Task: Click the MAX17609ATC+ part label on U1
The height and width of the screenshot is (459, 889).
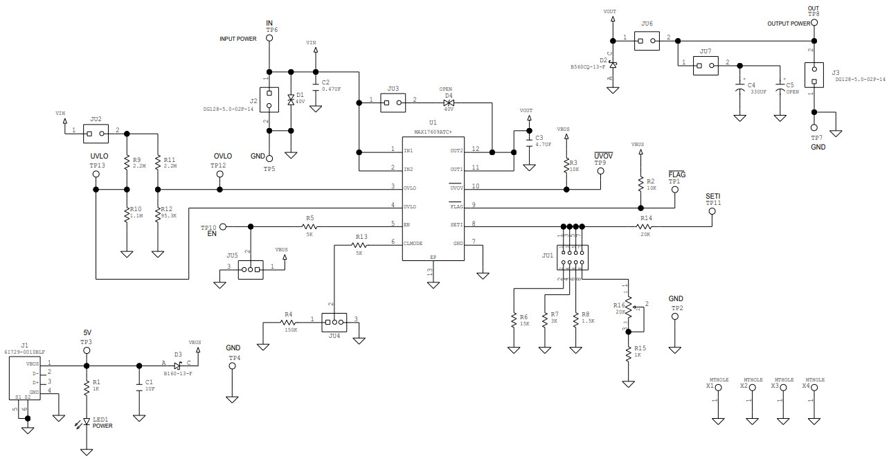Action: click(x=433, y=132)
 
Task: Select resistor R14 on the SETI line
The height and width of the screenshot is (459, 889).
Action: click(x=645, y=226)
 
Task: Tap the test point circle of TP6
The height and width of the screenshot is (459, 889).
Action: click(x=270, y=38)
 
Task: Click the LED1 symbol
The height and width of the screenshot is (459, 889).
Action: click(x=87, y=421)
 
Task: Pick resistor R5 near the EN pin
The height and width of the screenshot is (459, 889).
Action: click(x=310, y=226)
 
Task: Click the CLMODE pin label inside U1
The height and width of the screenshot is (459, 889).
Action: click(x=413, y=243)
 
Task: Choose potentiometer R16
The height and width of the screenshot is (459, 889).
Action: click(x=629, y=308)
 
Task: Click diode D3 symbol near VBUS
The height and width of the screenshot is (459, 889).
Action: click(x=178, y=365)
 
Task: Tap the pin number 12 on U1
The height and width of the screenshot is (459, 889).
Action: click(x=476, y=149)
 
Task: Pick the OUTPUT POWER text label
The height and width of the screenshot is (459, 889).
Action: click(x=789, y=24)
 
